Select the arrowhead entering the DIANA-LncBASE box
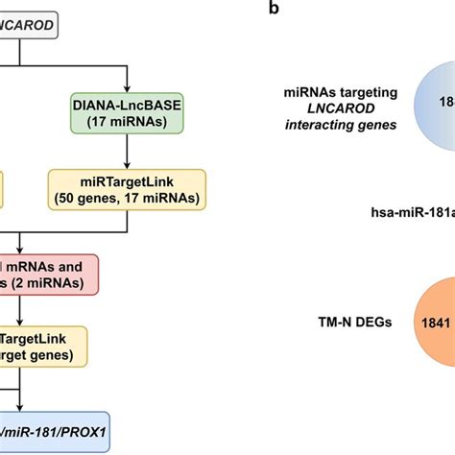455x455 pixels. click(x=129, y=84)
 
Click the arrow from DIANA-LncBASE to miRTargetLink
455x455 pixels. click(x=129, y=153)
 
